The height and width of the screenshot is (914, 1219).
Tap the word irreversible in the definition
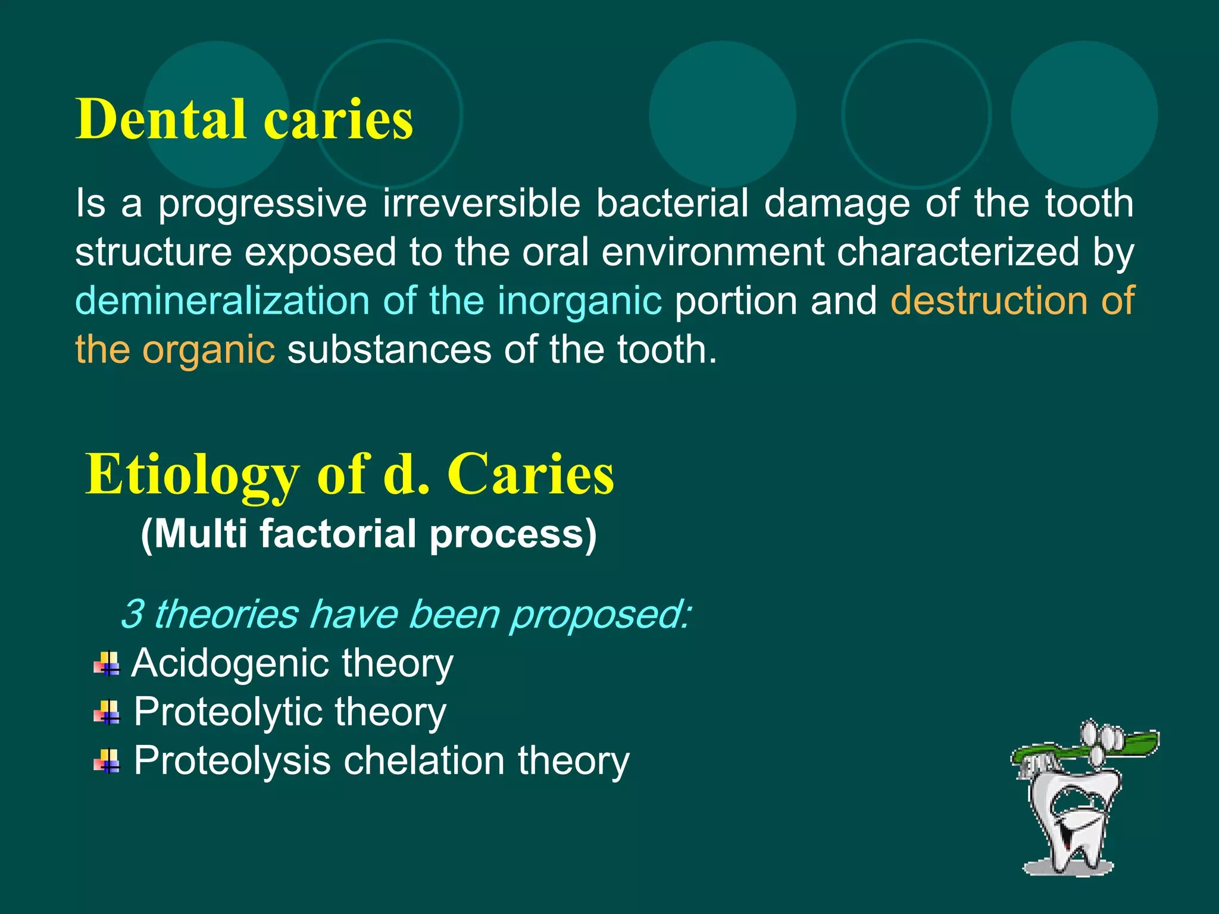[x=481, y=204]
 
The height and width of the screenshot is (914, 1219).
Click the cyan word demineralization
[x=221, y=301]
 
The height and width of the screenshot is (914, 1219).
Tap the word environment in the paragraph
[x=712, y=252]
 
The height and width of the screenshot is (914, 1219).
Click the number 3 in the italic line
[x=132, y=614]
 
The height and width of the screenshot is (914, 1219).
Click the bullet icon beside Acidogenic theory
[x=107, y=663]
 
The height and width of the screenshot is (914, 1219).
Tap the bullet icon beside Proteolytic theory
[x=107, y=712]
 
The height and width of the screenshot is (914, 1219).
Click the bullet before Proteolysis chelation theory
[x=107, y=760]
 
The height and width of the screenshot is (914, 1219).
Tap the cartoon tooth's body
[x=1071, y=821]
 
